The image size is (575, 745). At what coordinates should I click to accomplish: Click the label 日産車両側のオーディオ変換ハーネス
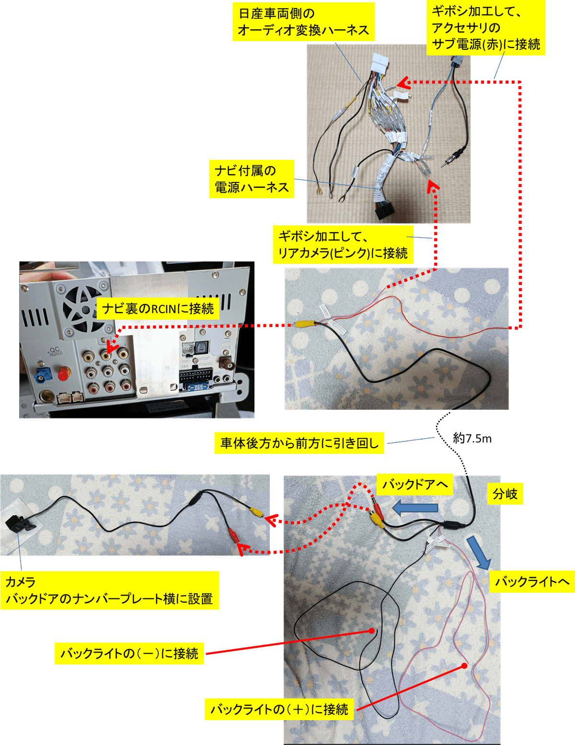[304, 22]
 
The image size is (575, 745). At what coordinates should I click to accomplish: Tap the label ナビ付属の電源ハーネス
[252, 179]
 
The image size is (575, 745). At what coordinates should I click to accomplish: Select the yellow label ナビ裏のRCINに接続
[158, 308]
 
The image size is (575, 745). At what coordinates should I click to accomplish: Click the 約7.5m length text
[472, 439]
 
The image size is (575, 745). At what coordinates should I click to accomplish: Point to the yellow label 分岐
[505, 494]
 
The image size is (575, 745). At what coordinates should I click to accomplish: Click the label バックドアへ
[415, 485]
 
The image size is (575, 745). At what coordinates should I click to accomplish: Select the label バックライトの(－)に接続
[129, 654]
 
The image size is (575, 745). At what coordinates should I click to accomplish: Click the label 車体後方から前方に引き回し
[299, 443]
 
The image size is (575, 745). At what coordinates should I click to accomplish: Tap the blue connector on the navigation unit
[43, 377]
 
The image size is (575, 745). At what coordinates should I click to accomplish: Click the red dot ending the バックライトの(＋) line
[464, 666]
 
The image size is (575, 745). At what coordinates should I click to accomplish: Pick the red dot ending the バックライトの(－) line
[371, 631]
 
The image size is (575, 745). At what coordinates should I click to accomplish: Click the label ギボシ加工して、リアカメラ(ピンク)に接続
[343, 245]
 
